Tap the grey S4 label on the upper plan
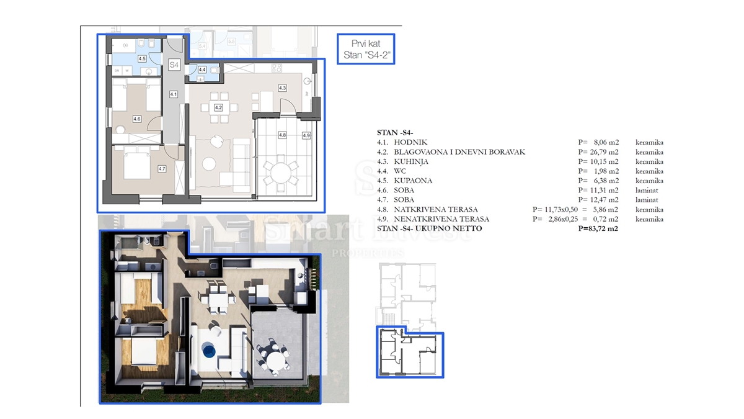(x=174, y=64)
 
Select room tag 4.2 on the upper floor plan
(x=218, y=107)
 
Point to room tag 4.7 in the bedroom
(x=162, y=168)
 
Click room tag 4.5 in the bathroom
(x=142, y=59)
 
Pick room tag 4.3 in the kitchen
(x=282, y=88)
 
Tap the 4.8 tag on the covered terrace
(x=283, y=135)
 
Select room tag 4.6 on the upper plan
(x=137, y=119)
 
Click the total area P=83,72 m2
(x=599, y=229)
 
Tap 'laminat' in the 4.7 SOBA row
(x=647, y=200)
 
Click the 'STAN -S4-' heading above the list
(x=395, y=133)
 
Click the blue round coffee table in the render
(x=210, y=351)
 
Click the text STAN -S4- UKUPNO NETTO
(x=429, y=229)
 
